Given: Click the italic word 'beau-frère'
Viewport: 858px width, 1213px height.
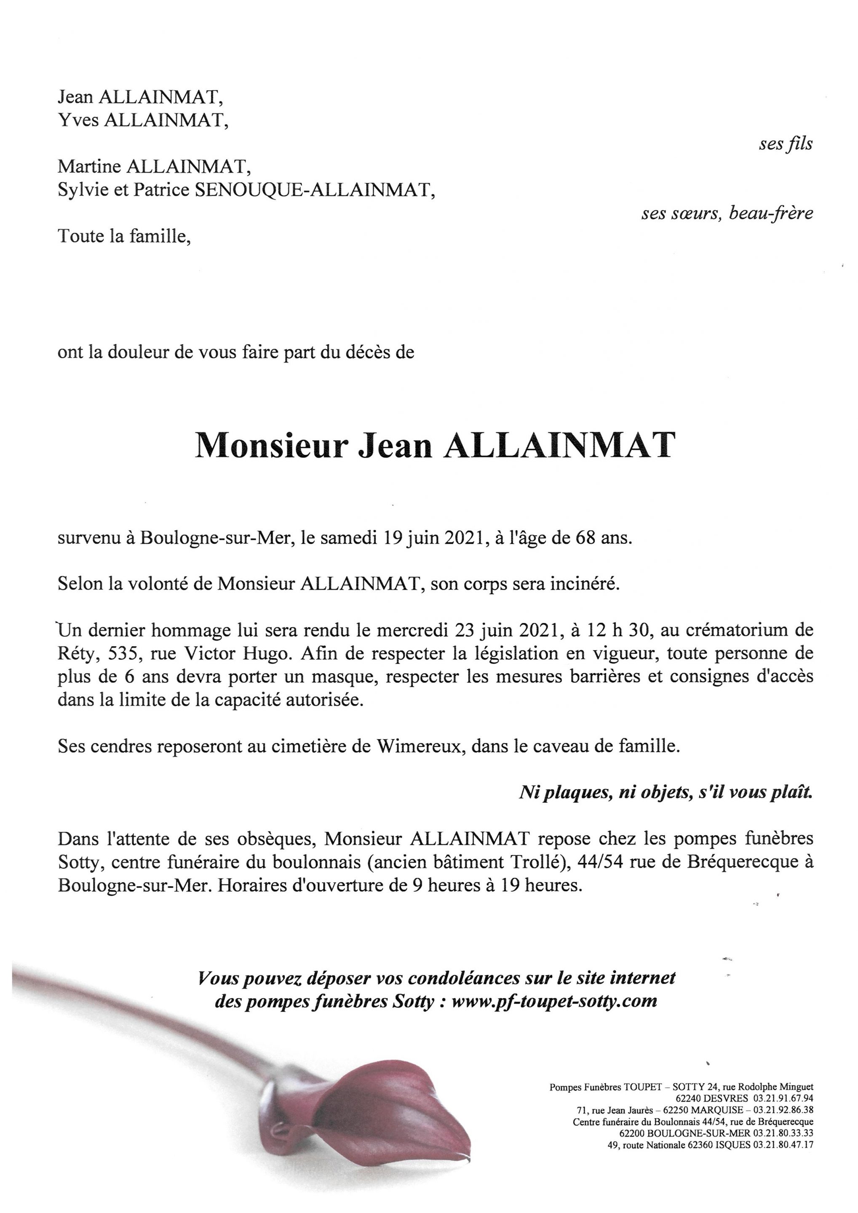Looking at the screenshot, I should pos(771,214).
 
